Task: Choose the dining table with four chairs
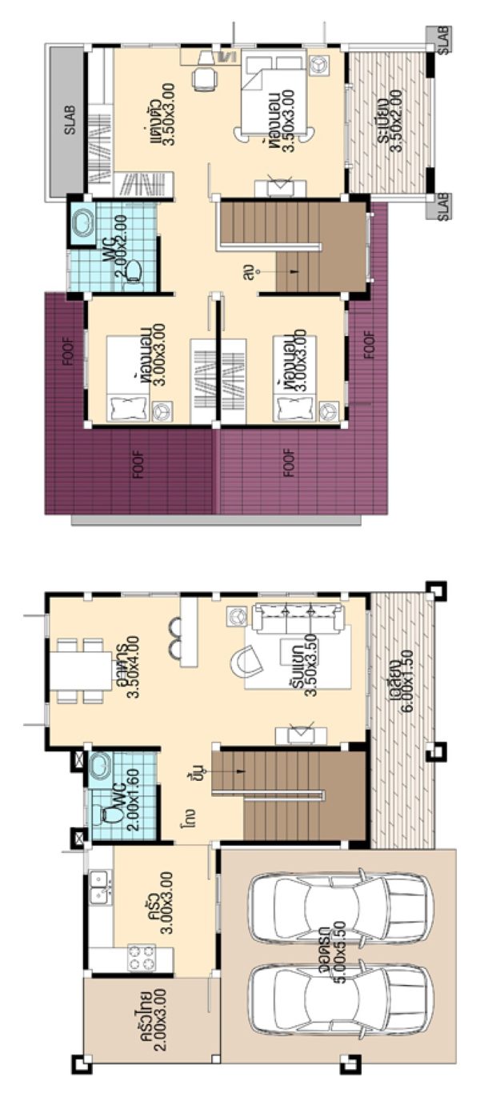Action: pyautogui.click(x=82, y=670)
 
